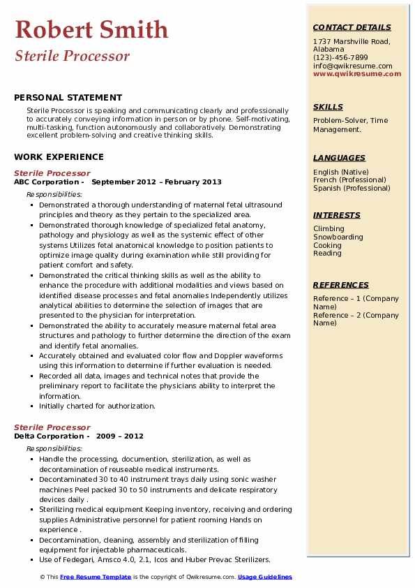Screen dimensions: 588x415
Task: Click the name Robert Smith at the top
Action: coord(91,29)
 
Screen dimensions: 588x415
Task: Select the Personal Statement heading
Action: coord(68,98)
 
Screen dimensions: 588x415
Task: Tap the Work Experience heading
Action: coord(59,157)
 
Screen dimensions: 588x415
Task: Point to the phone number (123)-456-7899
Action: coord(340,58)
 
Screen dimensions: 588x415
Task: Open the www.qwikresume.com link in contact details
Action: coord(352,73)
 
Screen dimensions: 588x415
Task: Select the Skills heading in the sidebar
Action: coord(328,107)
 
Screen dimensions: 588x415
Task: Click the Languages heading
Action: coord(339,158)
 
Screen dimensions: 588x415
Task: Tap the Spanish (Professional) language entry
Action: coord(352,188)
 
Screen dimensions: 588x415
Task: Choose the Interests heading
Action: coord(336,215)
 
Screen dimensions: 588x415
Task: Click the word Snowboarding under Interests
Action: coord(338,237)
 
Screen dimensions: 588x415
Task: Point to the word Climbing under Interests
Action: coord(329,229)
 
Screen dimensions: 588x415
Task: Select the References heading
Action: coord(341,285)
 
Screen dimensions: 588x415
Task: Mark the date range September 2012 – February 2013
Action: coord(156,182)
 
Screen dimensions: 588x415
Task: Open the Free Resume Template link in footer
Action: coord(96,577)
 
